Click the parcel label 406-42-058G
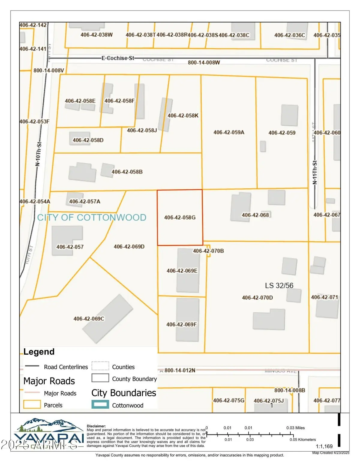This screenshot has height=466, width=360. coord(180,217)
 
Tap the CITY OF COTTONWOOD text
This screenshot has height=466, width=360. coord(91,217)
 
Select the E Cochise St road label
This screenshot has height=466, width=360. coord(118,58)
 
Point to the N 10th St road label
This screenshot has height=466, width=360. coord(38,154)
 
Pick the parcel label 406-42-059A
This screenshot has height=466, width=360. coord(229,132)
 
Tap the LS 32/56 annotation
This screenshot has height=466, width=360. coord(279,285)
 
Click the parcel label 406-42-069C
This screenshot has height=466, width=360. coord(89,318)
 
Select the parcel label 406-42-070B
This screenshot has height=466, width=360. coord(208,251)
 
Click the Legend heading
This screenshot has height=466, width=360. coord(39,352)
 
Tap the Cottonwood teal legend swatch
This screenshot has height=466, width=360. coord(100,404)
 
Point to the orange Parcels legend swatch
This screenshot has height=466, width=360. coord(32,404)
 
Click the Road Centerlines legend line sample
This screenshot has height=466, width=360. coord(32,366)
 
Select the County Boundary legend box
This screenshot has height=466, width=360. coord(100,378)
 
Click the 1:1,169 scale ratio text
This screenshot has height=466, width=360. coord(324,446)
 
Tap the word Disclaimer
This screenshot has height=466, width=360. coord(96,426)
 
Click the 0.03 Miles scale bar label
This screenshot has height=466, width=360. coord(295,428)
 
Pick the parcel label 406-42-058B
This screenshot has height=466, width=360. coord(127,172)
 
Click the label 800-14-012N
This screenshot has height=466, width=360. coord(180,370)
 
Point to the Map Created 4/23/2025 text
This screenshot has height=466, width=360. coord(331,453)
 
